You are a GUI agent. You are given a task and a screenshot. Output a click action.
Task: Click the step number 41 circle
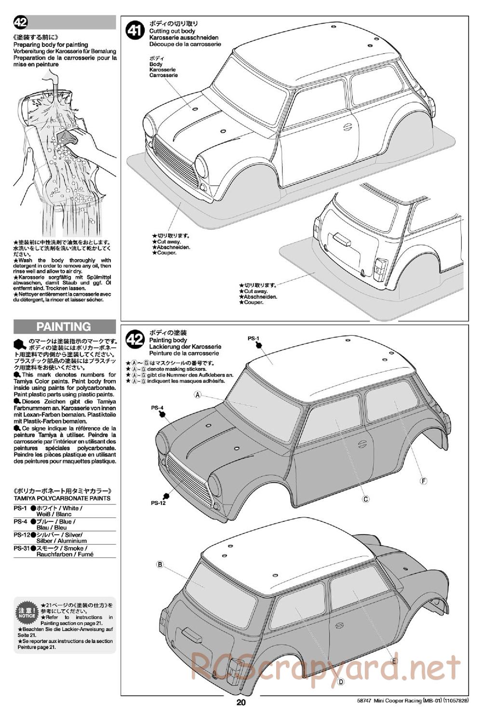135,31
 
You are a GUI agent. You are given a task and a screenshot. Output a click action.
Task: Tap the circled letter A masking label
198,395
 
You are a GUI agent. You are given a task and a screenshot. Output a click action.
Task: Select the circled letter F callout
424,481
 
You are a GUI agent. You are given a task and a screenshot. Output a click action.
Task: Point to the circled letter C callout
365,499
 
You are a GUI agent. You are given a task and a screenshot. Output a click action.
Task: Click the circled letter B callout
160,564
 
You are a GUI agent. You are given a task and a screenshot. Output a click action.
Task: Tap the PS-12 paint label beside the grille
158,503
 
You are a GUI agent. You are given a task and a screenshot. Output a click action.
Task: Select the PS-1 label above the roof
254,338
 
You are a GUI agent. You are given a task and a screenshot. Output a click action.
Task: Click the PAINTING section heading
64,327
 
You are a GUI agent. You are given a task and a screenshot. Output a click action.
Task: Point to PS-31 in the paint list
21,548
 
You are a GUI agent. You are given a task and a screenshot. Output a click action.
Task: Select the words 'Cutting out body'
172,31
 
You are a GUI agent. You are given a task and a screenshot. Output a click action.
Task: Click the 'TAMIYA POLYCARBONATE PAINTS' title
62,498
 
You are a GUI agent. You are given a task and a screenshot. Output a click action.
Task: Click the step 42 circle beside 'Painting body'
135,340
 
